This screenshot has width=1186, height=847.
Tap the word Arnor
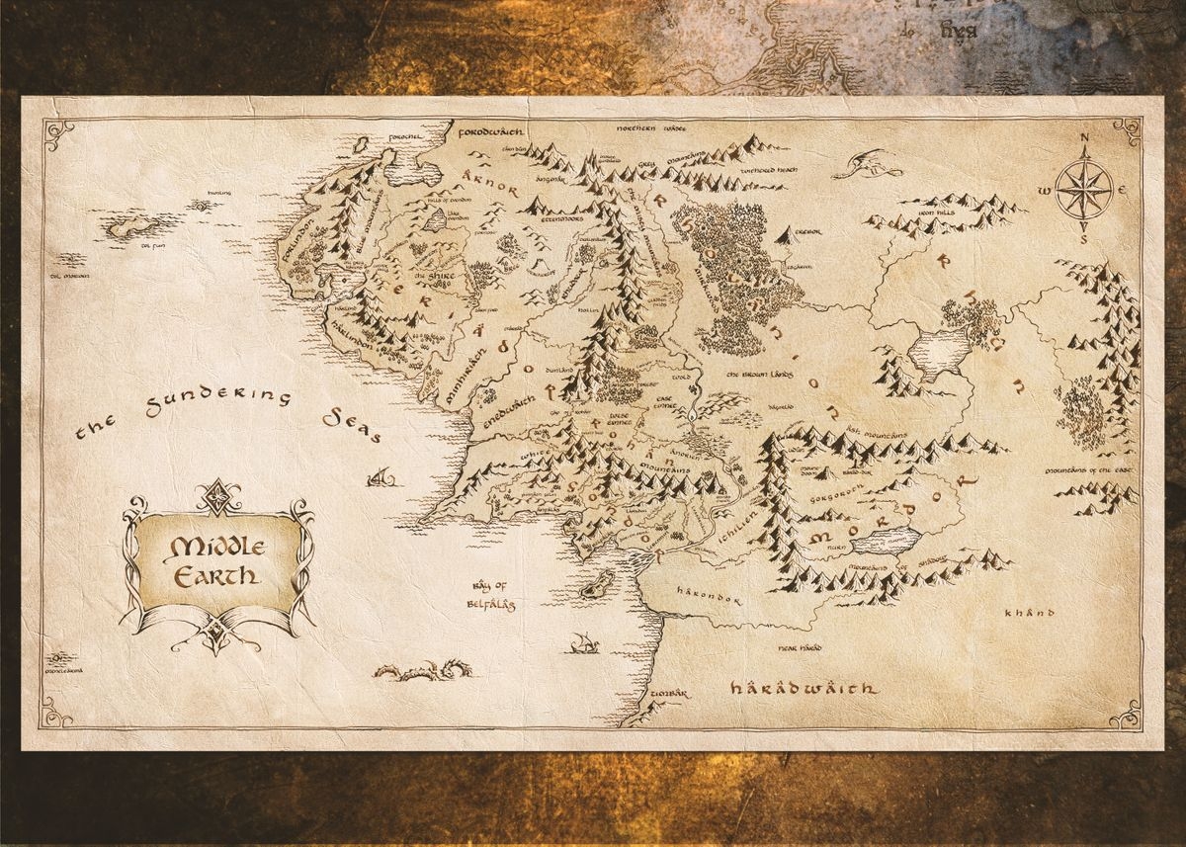coord(489,181)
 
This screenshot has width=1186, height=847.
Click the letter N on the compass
coord(1084,139)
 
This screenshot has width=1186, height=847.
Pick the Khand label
coord(1024,613)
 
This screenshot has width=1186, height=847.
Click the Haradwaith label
coord(804,688)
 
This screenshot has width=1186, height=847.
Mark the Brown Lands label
coord(761,376)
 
